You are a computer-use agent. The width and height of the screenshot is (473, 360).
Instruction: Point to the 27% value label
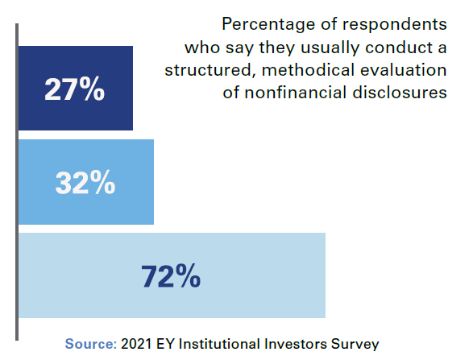point(74,89)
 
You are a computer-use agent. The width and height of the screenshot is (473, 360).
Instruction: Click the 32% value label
point(85,183)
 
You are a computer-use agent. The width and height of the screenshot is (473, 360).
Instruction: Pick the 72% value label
point(171,276)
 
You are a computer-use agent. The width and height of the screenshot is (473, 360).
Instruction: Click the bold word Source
point(90,343)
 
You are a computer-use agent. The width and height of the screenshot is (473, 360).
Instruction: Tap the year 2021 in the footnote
point(137,343)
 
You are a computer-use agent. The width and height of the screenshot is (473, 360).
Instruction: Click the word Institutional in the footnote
point(217,343)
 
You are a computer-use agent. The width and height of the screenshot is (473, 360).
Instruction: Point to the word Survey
point(356,343)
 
